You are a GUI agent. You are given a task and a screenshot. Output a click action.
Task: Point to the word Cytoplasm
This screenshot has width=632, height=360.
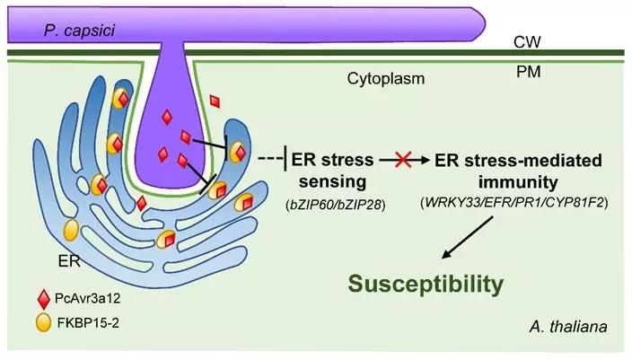[386, 79]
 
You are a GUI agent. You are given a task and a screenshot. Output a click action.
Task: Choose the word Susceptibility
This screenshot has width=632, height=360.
[424, 285]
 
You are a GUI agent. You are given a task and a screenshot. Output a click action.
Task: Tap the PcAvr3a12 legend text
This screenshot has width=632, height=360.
[88, 296]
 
